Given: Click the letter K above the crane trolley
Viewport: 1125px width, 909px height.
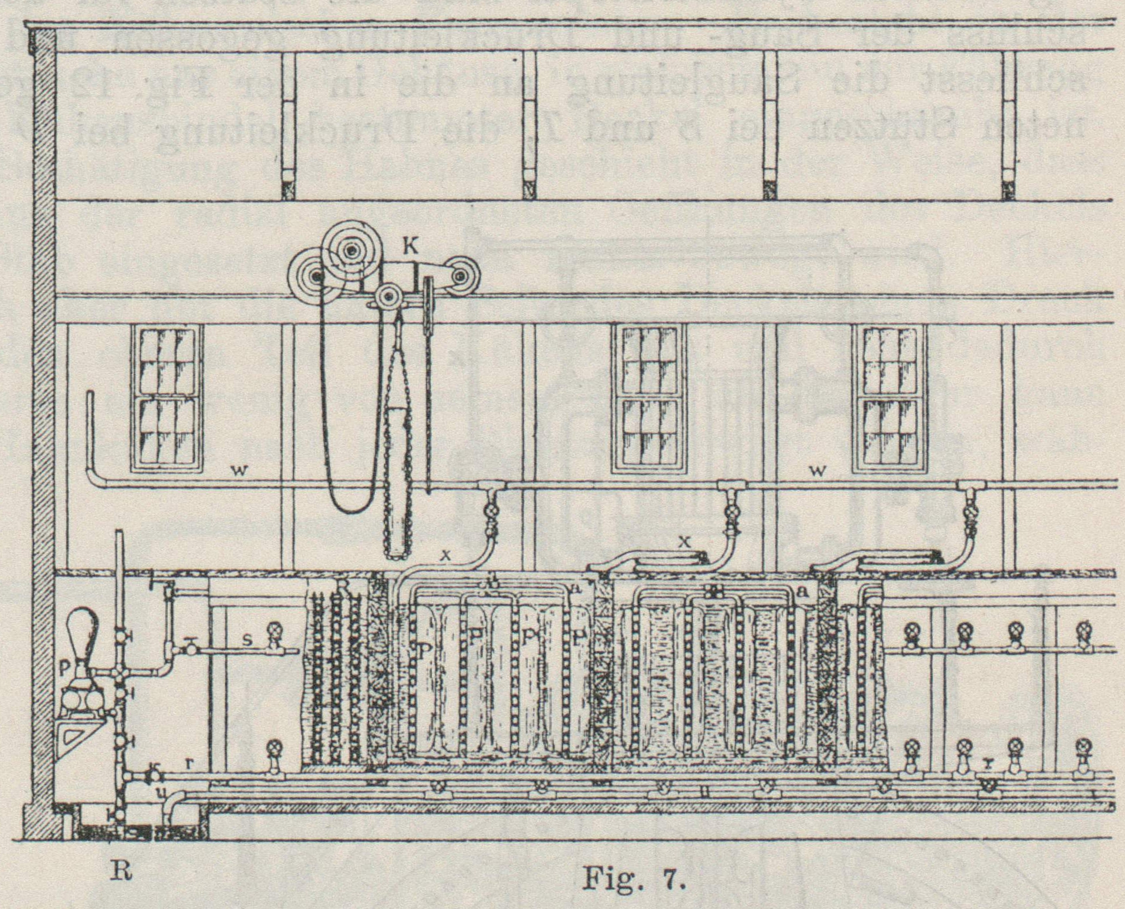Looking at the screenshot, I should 411,248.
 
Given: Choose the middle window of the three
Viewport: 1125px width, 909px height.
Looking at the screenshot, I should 651,397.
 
